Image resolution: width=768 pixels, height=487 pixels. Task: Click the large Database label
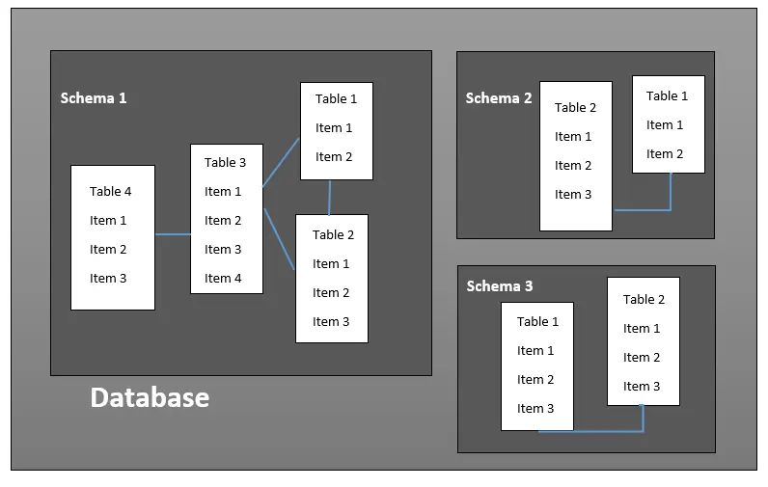150,397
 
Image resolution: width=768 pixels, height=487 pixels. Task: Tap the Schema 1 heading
94,98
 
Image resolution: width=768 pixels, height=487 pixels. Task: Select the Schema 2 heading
498,98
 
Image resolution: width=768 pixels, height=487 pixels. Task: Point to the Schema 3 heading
499,286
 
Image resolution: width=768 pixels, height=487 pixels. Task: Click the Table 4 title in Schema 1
111,192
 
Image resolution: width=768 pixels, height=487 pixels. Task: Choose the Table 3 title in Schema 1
225,163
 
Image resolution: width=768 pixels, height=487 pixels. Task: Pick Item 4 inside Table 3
223,279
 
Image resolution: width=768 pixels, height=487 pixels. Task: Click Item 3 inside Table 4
108,279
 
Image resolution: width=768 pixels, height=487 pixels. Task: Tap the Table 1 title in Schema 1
336,99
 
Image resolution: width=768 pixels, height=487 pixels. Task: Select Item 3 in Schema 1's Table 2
331,322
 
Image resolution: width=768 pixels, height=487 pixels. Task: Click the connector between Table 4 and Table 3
173,234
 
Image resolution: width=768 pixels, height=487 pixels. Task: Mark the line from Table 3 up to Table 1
281,163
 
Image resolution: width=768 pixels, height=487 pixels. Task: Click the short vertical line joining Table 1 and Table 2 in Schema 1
329,197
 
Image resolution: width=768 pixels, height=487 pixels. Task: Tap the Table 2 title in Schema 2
575,108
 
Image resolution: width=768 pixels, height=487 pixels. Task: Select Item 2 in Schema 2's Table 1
665,154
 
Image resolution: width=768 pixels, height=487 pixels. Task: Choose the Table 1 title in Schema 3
537,322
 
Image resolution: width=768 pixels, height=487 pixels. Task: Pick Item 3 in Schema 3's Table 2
642,387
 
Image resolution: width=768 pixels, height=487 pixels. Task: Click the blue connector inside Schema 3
590,431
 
